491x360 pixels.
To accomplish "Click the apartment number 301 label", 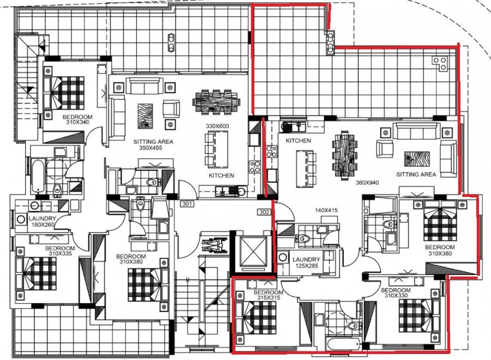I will click(x=187, y=204).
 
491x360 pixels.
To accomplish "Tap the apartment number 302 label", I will click(x=265, y=212).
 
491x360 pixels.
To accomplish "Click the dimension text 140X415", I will click(x=312, y=210).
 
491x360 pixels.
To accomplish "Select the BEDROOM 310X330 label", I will click(x=396, y=293).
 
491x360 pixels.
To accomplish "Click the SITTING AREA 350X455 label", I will click(x=153, y=144).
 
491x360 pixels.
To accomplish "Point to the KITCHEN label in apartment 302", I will click(x=298, y=141).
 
